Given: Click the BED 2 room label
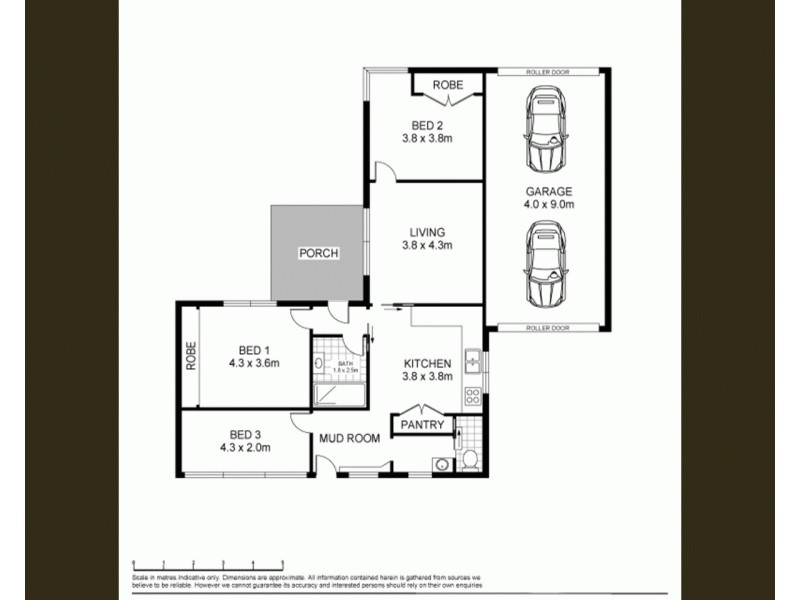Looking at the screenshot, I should click(x=427, y=125).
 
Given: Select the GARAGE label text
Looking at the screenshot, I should click(x=549, y=191).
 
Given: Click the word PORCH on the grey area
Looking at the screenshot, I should click(x=319, y=253).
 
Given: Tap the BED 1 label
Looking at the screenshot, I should click(x=252, y=349).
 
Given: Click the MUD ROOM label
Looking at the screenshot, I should click(x=349, y=437).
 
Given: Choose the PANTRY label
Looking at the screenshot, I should click(x=421, y=425).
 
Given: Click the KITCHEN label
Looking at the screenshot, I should click(x=428, y=363).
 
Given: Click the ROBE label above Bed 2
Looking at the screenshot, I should click(x=447, y=86).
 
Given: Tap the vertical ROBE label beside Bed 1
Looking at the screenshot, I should click(x=188, y=356).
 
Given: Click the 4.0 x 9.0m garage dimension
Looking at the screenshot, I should click(x=549, y=204).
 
